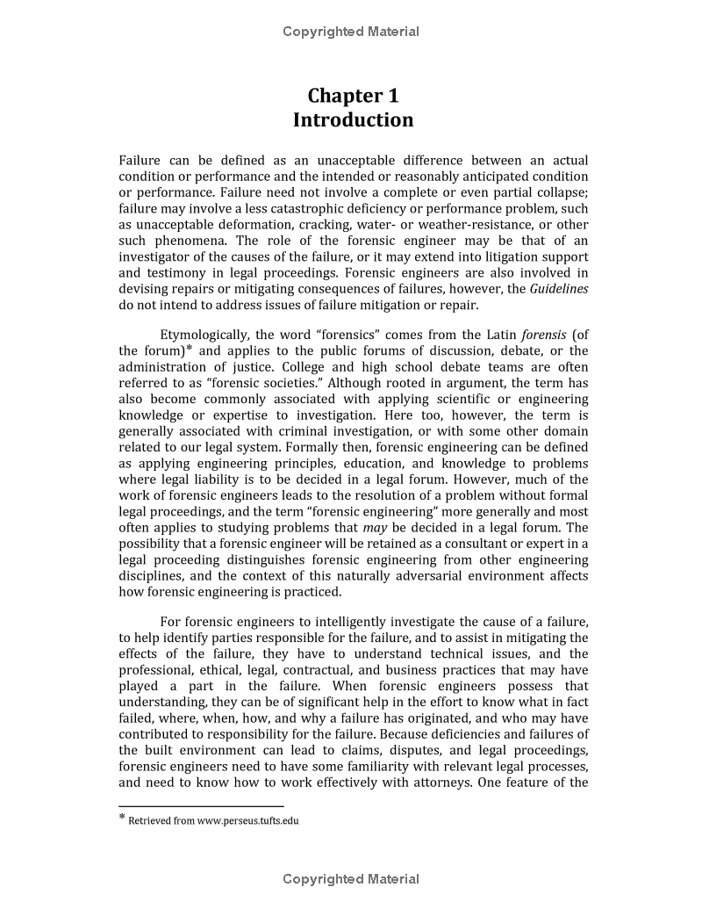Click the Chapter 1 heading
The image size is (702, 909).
coord(353,96)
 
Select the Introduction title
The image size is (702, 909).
coord(353,120)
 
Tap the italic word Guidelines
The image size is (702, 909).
coord(559,289)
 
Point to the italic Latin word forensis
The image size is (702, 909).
coord(543,335)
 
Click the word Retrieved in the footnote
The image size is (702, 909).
coord(149,821)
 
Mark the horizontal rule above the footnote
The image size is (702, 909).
coord(201,805)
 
